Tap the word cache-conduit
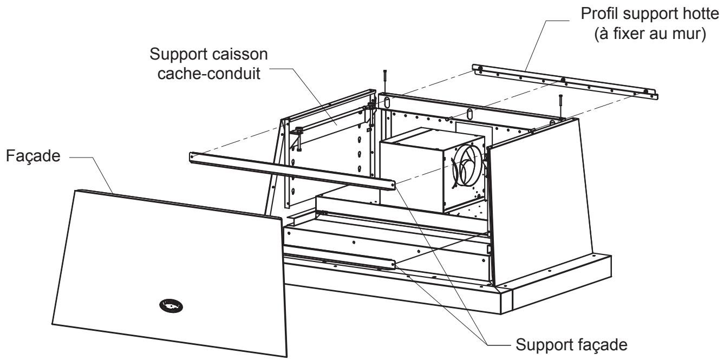coord(209,74)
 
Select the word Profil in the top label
coord(600,14)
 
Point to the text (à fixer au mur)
coord(650,34)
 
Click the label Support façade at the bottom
coord(571,345)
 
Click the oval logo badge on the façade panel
coord(171,306)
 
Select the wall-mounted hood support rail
coord(565,81)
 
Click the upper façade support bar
coord(292,171)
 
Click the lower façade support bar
coord(340,261)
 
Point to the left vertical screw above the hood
coord(384,81)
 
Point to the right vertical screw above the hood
coord(560,107)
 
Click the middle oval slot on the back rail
coord(469,114)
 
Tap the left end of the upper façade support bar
coord(191,156)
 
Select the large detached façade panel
coord(169,273)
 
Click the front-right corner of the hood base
coord(501,314)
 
